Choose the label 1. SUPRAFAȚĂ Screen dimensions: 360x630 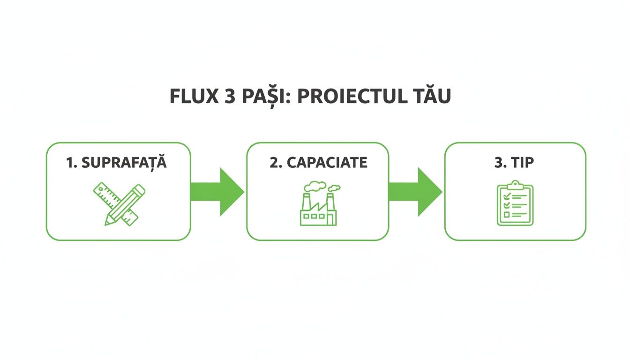point(117,163)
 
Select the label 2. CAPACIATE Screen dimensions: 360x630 point(318,163)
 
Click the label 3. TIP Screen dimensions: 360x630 point(514,163)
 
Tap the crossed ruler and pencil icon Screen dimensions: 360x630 point(119,204)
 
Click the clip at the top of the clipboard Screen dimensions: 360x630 point(515,185)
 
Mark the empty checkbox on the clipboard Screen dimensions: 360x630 point(506,214)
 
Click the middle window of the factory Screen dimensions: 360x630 point(315,216)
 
